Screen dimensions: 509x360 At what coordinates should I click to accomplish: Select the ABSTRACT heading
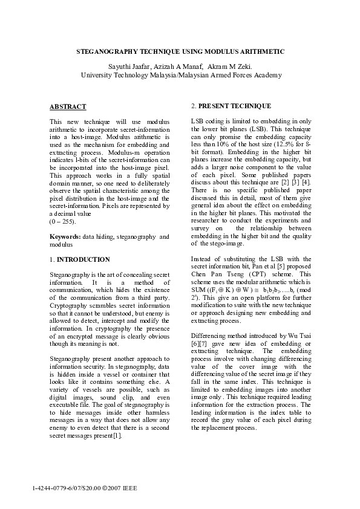click(x=68, y=107)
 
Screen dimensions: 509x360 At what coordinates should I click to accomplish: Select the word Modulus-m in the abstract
click(x=119, y=153)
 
